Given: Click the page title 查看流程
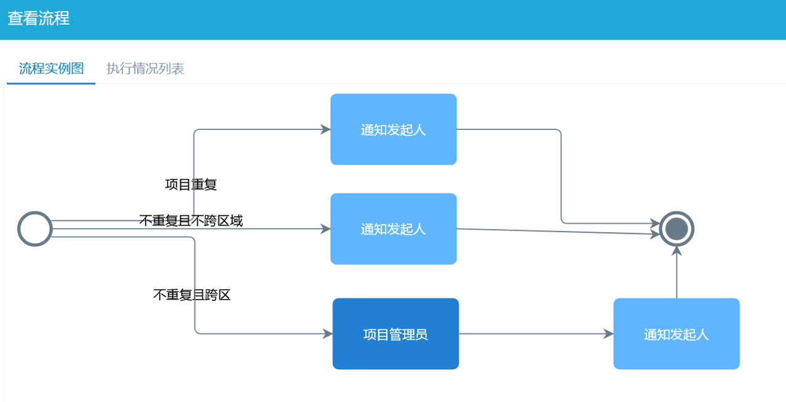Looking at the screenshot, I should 39,18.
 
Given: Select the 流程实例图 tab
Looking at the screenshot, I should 51,68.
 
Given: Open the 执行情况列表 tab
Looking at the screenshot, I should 145,68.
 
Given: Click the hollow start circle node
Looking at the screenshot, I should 35,229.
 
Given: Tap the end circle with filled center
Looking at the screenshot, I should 677,229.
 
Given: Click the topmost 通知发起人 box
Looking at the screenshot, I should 393,129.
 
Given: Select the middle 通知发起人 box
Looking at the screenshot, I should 393,229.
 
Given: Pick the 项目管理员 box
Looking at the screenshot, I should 395,334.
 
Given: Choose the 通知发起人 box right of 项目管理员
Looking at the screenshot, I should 676,334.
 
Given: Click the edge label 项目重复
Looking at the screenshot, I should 191,184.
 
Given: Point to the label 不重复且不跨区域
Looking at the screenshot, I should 191,220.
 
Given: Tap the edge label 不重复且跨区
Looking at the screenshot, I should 191,295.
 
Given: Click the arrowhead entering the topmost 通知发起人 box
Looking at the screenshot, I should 325,129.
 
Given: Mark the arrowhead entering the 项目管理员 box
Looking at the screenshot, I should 328,334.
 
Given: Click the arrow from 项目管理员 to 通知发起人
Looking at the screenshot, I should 535,334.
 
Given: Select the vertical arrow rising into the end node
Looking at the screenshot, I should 677,274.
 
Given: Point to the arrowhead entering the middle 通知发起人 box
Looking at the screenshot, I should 325,229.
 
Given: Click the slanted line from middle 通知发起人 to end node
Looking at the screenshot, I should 554,231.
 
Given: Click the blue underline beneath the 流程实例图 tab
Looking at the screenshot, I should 51,83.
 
